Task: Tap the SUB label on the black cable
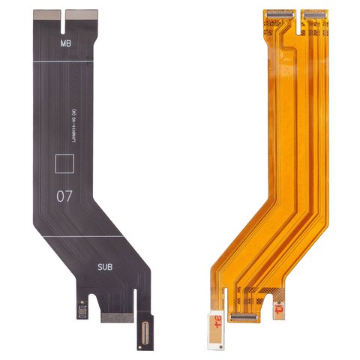point(104,266)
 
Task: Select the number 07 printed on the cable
point(66,197)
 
